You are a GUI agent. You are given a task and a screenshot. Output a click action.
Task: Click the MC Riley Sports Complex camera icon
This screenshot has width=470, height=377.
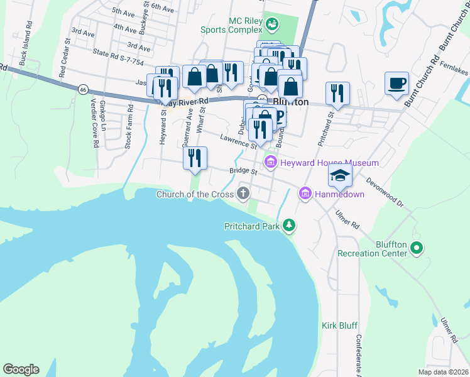pyautogui.click(x=272, y=25)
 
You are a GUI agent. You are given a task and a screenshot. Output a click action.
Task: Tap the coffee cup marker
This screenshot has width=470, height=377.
pyautogui.click(x=396, y=84)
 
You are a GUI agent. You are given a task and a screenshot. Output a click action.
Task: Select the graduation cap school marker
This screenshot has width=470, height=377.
pyautogui.click(x=339, y=175)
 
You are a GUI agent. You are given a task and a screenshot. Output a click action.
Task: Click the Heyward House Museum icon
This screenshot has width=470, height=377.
pyautogui.click(x=271, y=163)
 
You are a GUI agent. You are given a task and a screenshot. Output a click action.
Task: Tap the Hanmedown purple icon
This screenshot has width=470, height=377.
pyautogui.click(x=305, y=194)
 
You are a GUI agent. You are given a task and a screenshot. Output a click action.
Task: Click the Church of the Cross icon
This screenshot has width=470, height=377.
pyautogui.click(x=243, y=194)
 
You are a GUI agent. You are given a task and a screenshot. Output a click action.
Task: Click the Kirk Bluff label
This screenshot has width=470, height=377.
pyautogui.click(x=339, y=325)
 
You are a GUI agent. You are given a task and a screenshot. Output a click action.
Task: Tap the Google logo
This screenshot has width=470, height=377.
pyautogui.click(x=21, y=369)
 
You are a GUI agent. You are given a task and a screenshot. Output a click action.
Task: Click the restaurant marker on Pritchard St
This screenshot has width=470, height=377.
pyautogui.click(x=337, y=94)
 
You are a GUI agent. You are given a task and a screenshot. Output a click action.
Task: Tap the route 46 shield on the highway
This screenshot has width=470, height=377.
pyautogui.click(x=83, y=90)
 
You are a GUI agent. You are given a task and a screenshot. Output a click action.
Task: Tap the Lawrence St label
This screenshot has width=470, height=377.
pyautogui.click(x=238, y=141)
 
